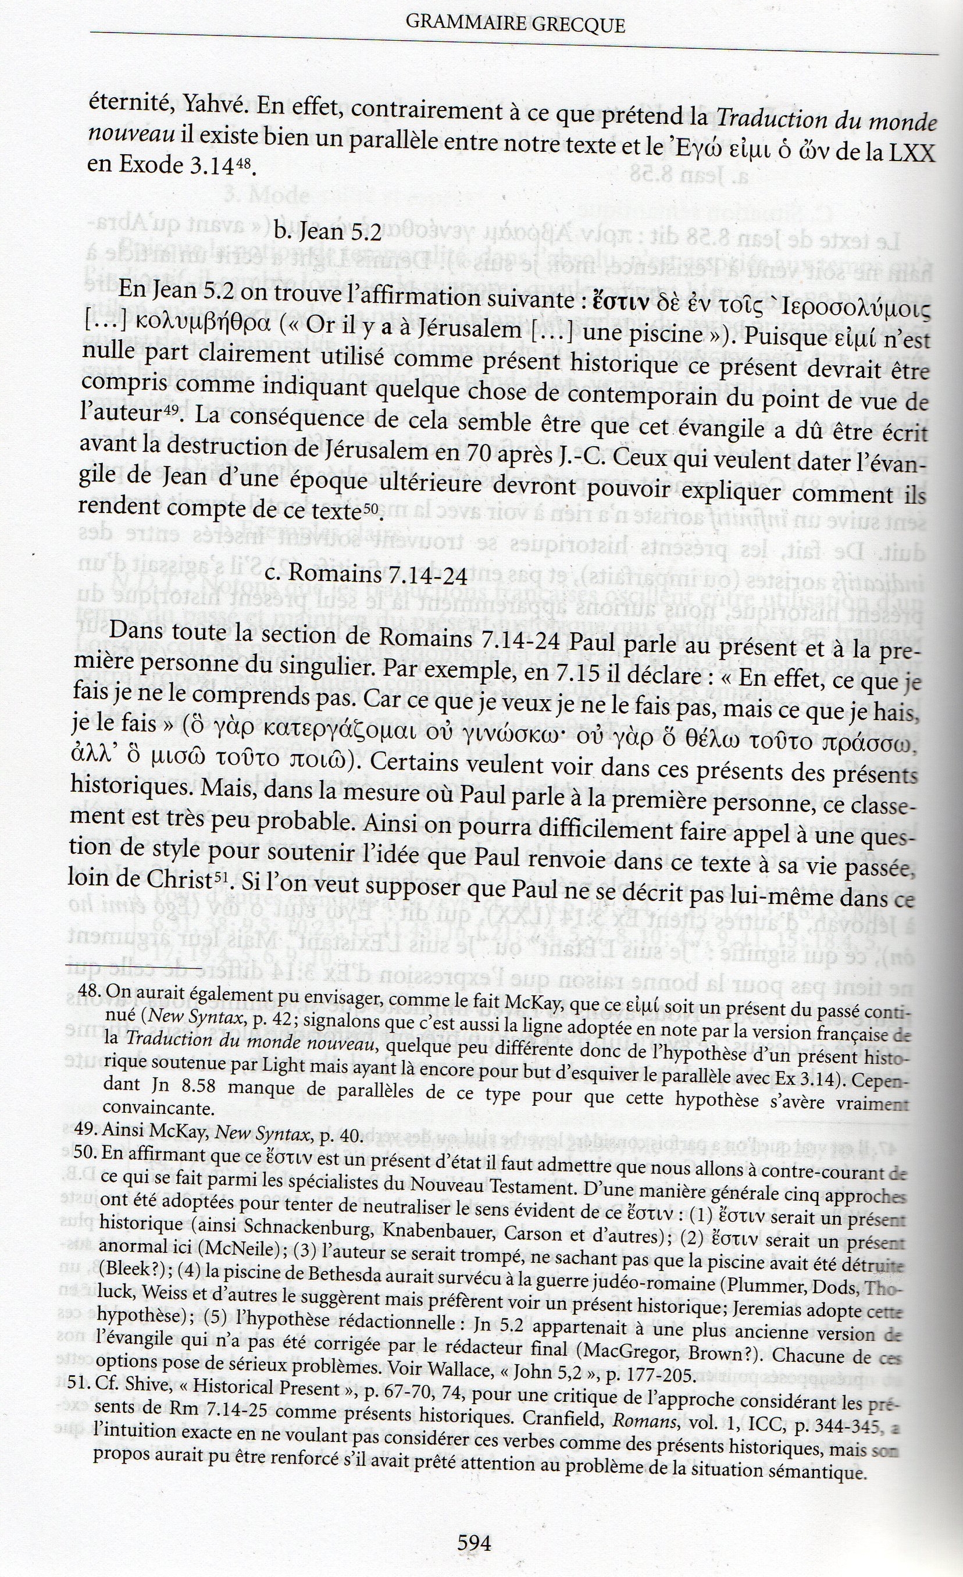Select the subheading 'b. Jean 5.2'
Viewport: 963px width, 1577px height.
[327, 232]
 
